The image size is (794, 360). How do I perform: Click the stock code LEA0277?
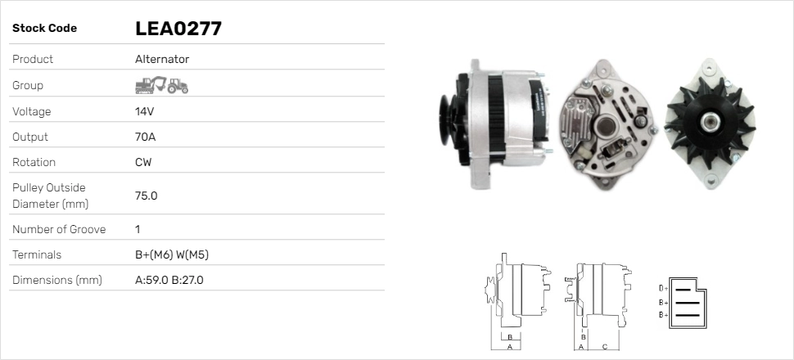tap(178, 29)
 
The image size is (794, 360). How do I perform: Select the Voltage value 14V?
tap(145, 111)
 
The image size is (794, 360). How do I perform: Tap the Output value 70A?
tap(145, 137)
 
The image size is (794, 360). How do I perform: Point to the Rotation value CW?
tap(143, 162)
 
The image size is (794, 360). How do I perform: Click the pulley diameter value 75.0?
tap(146, 196)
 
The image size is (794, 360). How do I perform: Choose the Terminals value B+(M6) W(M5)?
tap(172, 254)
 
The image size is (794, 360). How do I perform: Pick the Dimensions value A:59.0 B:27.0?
tap(169, 280)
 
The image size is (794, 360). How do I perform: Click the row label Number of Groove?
tap(59, 229)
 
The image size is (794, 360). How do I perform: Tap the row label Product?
tap(33, 59)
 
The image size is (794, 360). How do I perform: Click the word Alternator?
tap(162, 59)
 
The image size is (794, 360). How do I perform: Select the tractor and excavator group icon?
tap(161, 85)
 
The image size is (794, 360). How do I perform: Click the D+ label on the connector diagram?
tap(663, 288)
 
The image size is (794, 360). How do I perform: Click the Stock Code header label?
tap(44, 28)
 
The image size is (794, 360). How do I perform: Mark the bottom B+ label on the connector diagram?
tap(663, 314)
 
